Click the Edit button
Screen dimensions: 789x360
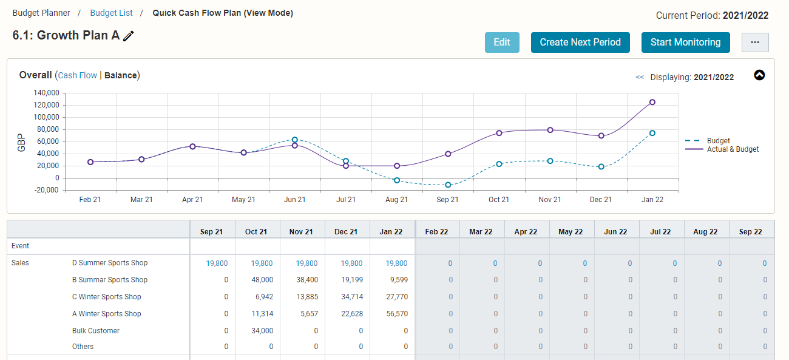[502, 42]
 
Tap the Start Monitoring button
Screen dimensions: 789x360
[685, 42]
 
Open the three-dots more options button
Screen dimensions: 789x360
[755, 42]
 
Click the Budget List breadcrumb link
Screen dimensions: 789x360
[111, 13]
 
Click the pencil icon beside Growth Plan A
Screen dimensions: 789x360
[129, 36]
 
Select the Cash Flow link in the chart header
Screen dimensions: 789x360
[78, 75]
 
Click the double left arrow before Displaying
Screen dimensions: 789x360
[640, 77]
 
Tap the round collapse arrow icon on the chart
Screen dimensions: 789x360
[759, 75]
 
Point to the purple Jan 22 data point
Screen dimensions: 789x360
[652, 102]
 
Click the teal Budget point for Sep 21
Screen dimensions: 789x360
[448, 185]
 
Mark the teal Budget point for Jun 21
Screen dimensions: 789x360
[295, 140]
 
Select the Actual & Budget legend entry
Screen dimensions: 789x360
[722, 149]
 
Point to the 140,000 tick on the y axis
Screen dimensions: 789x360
[46, 93]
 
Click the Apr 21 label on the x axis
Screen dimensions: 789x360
[192, 200]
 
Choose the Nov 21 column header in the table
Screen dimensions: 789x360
[301, 232]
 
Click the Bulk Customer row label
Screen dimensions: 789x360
[96, 331]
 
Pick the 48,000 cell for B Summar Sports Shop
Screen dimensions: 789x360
[262, 280]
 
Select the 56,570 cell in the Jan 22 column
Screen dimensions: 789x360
[397, 314]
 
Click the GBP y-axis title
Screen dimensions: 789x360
[21, 143]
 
